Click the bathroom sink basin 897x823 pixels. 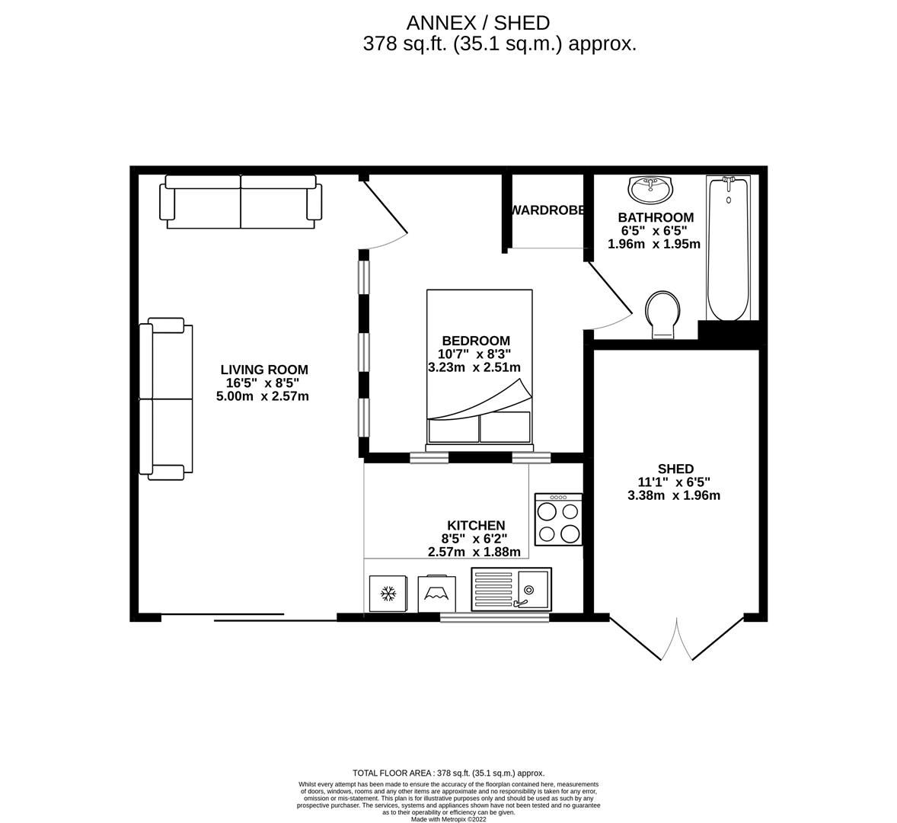tap(650, 189)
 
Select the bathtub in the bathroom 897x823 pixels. tap(728, 248)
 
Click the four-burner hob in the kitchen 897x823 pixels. tap(558, 519)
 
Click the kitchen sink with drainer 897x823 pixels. tap(511, 589)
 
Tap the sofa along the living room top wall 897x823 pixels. tap(240, 201)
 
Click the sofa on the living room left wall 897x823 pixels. tap(166, 399)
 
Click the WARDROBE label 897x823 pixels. tap(547, 210)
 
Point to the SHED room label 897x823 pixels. tap(675, 469)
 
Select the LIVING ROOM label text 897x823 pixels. tap(264, 370)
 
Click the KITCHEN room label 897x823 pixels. tap(475, 526)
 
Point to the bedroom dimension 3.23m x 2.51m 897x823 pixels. tap(474, 367)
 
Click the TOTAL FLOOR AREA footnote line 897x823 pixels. tap(448, 773)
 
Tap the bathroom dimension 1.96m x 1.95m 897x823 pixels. tap(653, 244)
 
